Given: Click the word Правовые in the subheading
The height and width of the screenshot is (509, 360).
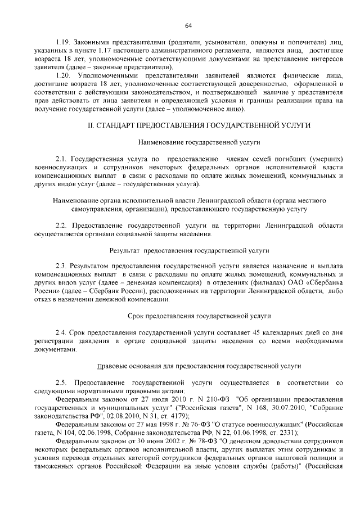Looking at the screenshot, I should coord(114,366).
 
